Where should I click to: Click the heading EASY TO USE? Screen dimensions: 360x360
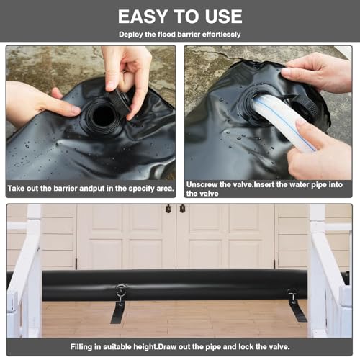click(179, 16)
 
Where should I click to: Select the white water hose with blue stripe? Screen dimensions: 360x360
click(276, 122)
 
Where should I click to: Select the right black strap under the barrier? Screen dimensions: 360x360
click(295, 307)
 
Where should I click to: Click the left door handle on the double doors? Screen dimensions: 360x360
click(168, 209)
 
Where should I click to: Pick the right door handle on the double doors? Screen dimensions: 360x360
click(182, 209)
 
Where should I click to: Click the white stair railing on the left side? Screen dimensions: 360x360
click(25, 274)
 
